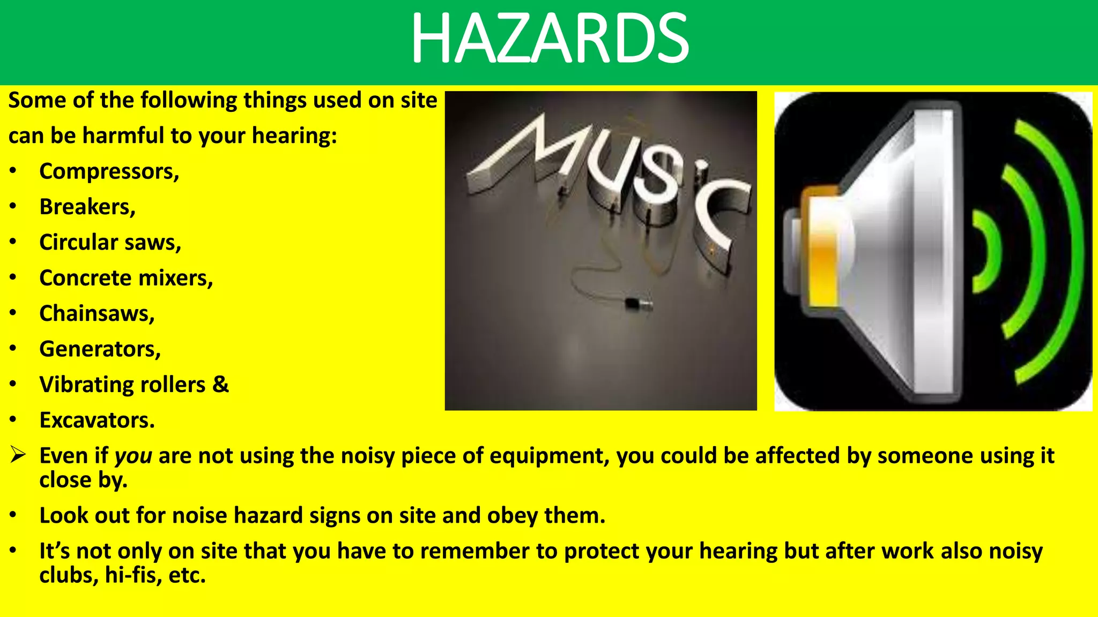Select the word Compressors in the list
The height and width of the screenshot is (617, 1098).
pyautogui.click(x=108, y=172)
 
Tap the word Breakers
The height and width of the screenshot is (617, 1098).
pyautogui.click(x=86, y=207)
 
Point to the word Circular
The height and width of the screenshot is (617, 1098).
pyautogui.click(x=78, y=243)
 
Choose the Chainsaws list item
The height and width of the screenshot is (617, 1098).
pyautogui.click(x=96, y=314)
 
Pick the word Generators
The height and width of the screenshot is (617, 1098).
pyautogui.click(x=99, y=349)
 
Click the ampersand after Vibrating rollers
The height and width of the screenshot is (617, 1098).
pyautogui.click(x=220, y=385)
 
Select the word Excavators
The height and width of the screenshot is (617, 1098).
pyautogui.click(x=96, y=420)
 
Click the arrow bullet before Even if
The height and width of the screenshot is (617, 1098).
pyautogui.click(x=18, y=455)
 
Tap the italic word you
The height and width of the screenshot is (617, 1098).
pyautogui.click(x=133, y=456)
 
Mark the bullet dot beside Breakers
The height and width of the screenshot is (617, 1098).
pyautogui.click(x=13, y=207)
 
